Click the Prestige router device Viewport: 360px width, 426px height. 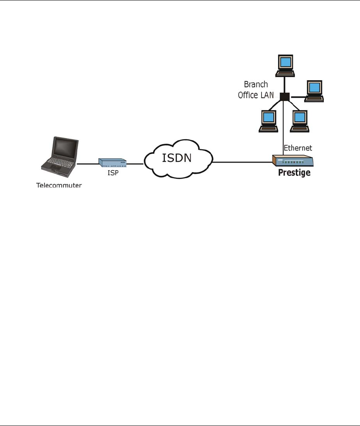tap(294, 162)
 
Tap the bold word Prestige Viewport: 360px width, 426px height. tap(294, 173)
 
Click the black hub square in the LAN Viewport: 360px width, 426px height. tap(284, 97)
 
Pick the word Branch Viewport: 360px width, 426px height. tap(256, 85)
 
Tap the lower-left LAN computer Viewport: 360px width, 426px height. tap(268, 121)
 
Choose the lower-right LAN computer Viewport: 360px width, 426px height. tap(300, 121)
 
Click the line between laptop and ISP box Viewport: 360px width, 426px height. tap(88, 164)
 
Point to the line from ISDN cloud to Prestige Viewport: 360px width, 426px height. tap(242, 162)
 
